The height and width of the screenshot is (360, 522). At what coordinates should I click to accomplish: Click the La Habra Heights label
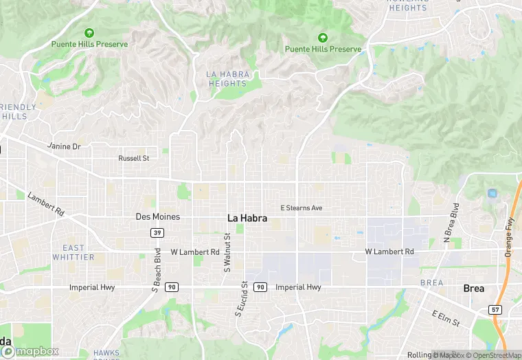click(x=227, y=78)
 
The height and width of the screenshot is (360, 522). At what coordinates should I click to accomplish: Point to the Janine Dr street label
click(x=64, y=146)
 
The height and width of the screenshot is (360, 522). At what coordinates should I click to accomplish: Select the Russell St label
click(x=133, y=158)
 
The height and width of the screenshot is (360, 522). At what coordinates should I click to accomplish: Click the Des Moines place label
click(x=157, y=216)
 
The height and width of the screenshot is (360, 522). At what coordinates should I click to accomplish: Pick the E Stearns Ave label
click(x=301, y=207)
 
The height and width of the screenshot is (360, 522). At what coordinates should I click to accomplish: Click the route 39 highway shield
click(x=157, y=233)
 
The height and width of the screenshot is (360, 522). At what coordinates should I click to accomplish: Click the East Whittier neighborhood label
click(x=73, y=252)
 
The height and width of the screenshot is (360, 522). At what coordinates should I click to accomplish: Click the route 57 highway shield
click(x=496, y=310)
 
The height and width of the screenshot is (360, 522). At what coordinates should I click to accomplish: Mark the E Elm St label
click(x=446, y=318)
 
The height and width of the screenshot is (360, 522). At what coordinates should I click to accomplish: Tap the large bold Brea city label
click(x=473, y=288)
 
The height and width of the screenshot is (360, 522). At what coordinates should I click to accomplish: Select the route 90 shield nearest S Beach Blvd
click(x=172, y=287)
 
